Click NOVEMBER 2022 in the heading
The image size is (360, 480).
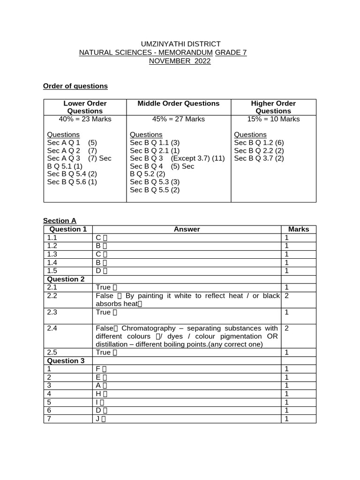pos(180,61)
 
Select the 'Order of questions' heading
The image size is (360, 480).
pos(75,86)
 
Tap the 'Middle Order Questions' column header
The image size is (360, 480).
pos(178,103)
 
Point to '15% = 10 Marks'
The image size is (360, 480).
pos(273,119)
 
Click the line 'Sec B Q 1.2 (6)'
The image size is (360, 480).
pos(259,142)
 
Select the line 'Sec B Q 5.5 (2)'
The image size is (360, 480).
pos(155,190)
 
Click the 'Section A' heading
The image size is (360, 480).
pos(60,221)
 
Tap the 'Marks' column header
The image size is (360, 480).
pos(299,229)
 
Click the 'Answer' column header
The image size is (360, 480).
pos(187,229)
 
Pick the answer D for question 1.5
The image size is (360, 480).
pos(98,271)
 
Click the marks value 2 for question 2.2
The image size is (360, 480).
pos(287,296)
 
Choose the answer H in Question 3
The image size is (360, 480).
pos(98,394)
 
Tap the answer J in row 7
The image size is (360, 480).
pos(97,419)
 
